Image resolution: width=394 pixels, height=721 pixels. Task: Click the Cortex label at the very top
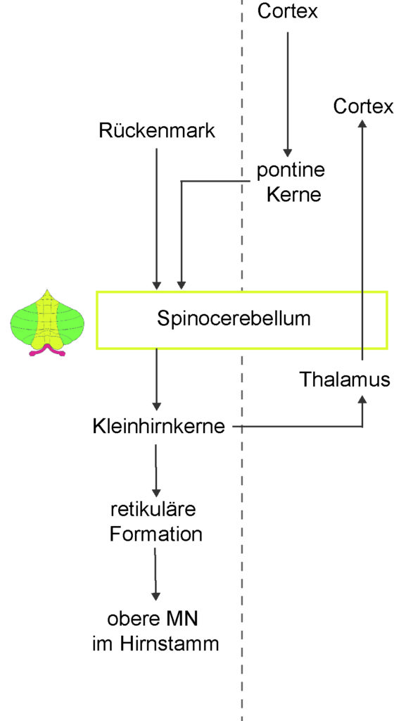pyautogui.click(x=288, y=11)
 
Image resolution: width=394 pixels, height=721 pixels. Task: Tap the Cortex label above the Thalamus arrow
pyautogui.click(x=363, y=107)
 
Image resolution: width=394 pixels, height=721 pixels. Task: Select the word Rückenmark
pyautogui.click(x=157, y=130)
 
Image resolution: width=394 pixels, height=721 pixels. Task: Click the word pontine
pyautogui.click(x=290, y=171)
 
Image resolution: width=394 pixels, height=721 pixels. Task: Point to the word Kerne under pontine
pyautogui.click(x=293, y=195)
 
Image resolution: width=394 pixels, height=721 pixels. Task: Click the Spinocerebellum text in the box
pyautogui.click(x=234, y=319)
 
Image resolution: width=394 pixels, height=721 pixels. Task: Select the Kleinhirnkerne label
pyautogui.click(x=159, y=427)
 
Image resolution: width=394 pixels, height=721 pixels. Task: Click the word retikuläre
pyautogui.click(x=153, y=510)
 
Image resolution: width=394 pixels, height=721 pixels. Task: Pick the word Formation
pyautogui.click(x=155, y=534)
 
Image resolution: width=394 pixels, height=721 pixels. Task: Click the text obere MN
pyautogui.click(x=153, y=619)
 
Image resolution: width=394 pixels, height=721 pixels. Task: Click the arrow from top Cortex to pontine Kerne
pyautogui.click(x=288, y=94)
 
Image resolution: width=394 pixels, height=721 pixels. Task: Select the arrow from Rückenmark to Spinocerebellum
pyautogui.click(x=157, y=218)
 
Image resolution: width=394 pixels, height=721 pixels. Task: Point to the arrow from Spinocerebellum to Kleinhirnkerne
pyautogui.click(x=157, y=380)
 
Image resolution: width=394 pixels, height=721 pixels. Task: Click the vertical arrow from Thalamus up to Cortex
pyautogui.click(x=363, y=239)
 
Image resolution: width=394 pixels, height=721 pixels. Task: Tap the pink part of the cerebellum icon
pyautogui.click(x=47, y=351)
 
